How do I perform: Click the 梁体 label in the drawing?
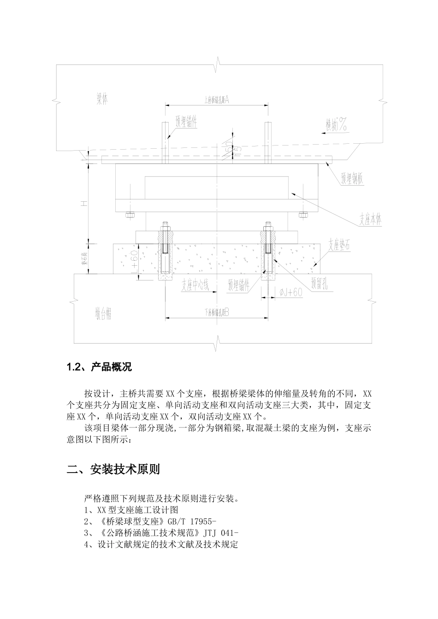[102, 100]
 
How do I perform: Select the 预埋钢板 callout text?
[352, 179]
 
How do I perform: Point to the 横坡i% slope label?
[337, 125]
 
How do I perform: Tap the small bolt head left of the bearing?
[130, 214]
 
